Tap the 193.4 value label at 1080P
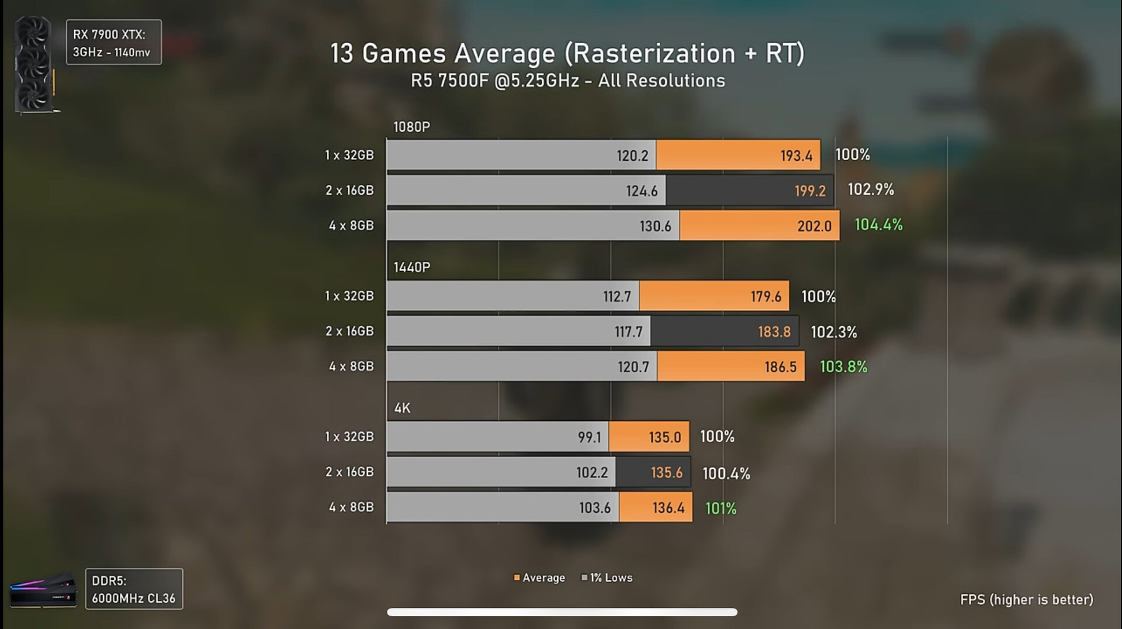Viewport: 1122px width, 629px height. click(x=796, y=155)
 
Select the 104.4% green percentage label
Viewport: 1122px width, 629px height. click(x=878, y=224)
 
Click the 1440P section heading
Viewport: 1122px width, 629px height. click(x=412, y=267)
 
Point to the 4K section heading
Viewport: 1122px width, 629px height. click(x=403, y=408)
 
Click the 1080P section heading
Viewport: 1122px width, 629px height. click(x=412, y=127)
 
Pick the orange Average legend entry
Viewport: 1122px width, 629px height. click(x=539, y=578)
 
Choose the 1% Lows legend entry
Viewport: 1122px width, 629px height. click(x=607, y=578)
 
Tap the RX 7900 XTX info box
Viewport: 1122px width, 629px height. click(x=113, y=43)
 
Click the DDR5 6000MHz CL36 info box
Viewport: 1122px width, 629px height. click(x=134, y=589)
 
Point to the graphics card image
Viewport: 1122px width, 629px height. click(x=34, y=64)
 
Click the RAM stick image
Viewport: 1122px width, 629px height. click(x=43, y=590)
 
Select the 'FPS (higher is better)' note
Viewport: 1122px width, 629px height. click(x=1026, y=600)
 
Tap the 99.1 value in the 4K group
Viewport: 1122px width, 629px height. click(x=589, y=437)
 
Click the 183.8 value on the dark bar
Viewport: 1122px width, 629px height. click(x=774, y=332)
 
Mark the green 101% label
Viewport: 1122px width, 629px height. click(x=721, y=508)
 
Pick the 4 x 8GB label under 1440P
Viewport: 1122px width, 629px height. click(x=351, y=367)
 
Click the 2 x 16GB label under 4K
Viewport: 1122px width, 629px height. click(x=349, y=472)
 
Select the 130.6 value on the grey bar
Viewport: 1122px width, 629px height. click(x=655, y=226)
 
